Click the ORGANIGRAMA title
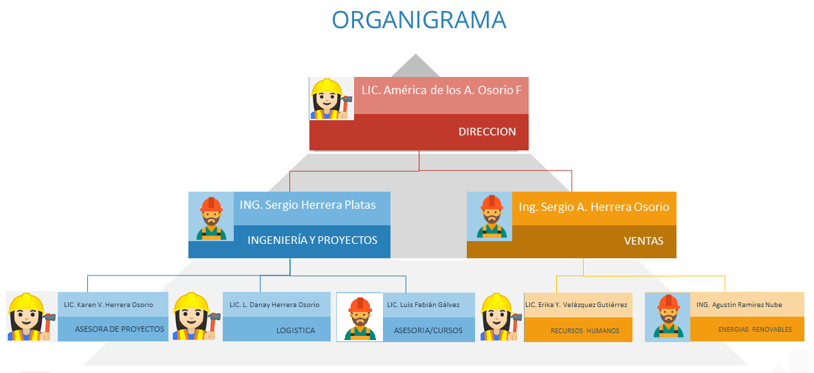(419, 20)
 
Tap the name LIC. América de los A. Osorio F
(441, 90)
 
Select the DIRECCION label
(487, 132)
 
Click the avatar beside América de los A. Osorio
(331, 98)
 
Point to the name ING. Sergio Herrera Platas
(307, 205)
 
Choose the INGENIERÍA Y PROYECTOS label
(312, 240)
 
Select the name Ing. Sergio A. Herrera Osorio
(594, 207)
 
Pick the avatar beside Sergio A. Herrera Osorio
(489, 216)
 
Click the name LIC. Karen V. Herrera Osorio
(109, 305)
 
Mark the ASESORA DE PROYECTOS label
(120, 330)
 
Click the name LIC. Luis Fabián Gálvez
(423, 305)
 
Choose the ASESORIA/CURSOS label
(428, 330)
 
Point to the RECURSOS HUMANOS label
(585, 331)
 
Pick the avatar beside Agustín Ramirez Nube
(667, 317)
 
